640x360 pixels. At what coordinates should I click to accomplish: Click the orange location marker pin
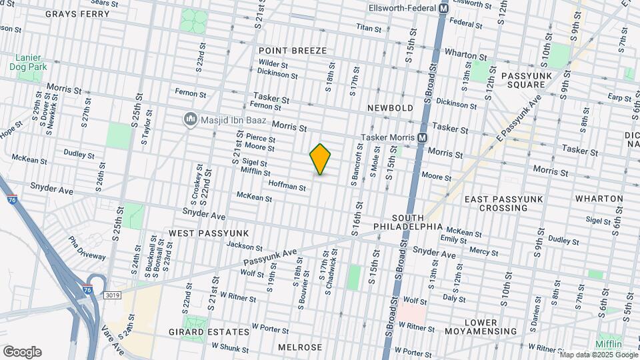click(x=320, y=159)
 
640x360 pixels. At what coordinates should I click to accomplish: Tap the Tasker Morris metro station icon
click(x=422, y=137)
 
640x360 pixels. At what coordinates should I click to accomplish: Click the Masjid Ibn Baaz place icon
click(x=190, y=119)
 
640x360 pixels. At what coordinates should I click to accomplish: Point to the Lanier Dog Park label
click(x=27, y=61)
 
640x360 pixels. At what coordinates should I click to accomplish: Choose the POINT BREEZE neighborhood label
click(x=293, y=51)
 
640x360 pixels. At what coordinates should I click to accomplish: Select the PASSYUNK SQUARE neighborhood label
click(x=529, y=80)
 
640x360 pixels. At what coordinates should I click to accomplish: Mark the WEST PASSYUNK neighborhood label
click(x=208, y=233)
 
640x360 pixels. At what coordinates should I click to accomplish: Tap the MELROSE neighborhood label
click(x=299, y=347)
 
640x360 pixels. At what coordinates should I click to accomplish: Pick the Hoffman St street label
click(x=287, y=187)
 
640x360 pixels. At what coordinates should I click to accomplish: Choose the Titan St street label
click(x=369, y=29)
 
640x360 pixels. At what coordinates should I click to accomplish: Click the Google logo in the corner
click(x=22, y=352)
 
